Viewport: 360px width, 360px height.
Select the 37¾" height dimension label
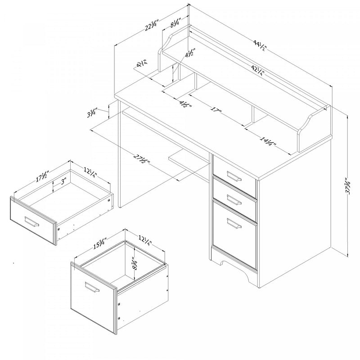pos(347,184)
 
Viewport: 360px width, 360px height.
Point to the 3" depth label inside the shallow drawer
pos(63,182)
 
